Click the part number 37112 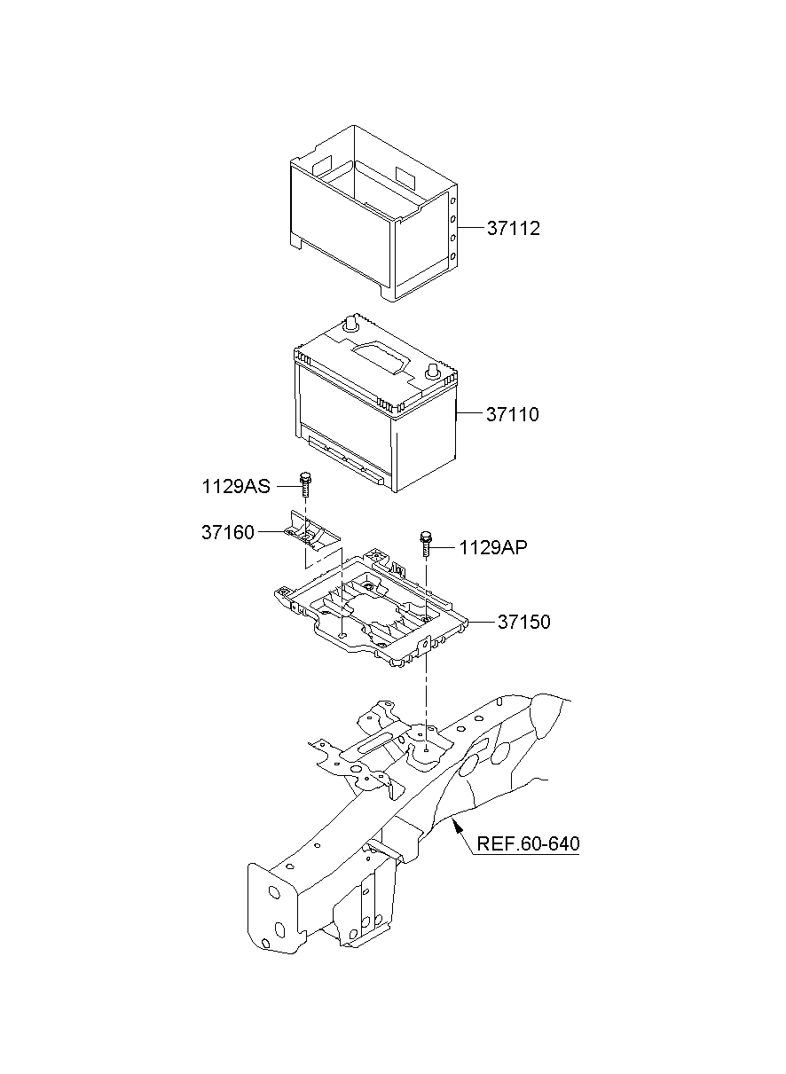pos(513,229)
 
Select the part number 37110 pos(512,414)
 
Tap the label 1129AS pos(235,486)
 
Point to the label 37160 pos(228,532)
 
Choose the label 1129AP pos(493,548)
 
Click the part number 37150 pos(523,623)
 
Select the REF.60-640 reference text pos(528,843)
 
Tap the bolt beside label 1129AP pos(427,540)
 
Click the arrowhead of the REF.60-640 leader pos(456,824)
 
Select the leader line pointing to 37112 pos(470,229)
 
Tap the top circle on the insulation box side pos(452,201)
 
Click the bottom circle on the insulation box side pos(453,257)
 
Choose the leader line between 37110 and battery pos(469,414)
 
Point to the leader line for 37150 pos(479,623)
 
